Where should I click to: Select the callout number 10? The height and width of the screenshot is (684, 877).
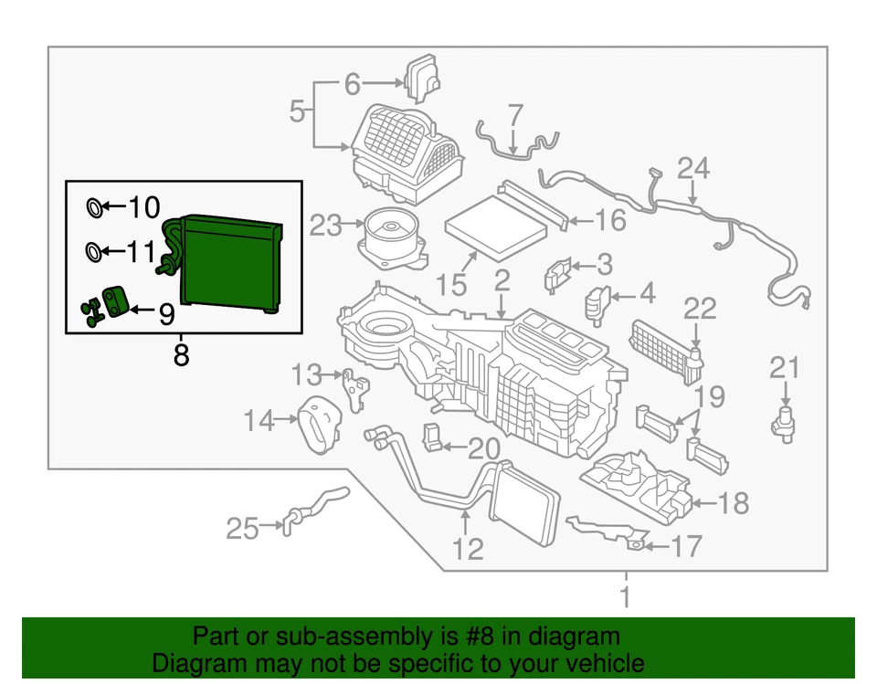pos(143,208)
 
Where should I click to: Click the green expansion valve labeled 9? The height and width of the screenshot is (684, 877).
pos(114,302)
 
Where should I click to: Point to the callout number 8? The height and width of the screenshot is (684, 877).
pos(181,353)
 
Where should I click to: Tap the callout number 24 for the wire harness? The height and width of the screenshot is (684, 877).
pos(692,169)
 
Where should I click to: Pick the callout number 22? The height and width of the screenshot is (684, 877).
pos(700,309)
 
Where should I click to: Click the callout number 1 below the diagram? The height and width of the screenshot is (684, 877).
pos(626,599)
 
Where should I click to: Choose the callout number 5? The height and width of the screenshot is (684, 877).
pos(296,112)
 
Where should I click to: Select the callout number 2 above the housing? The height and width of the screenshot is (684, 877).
pos(502,279)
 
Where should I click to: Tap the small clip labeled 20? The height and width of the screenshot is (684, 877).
pos(432,437)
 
